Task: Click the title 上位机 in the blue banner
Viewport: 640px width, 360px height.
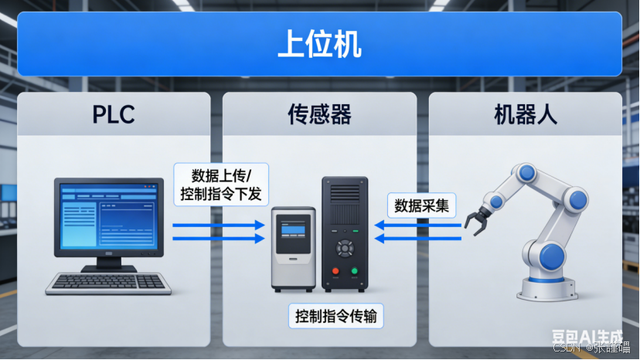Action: tap(319, 45)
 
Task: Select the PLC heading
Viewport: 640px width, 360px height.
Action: tap(114, 115)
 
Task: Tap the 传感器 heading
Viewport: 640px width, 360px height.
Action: tap(319, 115)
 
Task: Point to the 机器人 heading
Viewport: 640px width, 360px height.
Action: tap(526, 115)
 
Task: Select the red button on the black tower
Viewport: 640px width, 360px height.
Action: tap(335, 271)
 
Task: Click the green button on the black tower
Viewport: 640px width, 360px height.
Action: tap(355, 271)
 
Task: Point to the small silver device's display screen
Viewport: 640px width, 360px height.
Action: tap(294, 228)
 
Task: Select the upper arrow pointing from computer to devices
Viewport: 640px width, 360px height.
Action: tap(218, 226)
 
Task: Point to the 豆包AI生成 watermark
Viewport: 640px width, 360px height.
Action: tap(587, 336)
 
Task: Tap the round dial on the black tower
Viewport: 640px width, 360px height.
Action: tap(345, 247)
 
